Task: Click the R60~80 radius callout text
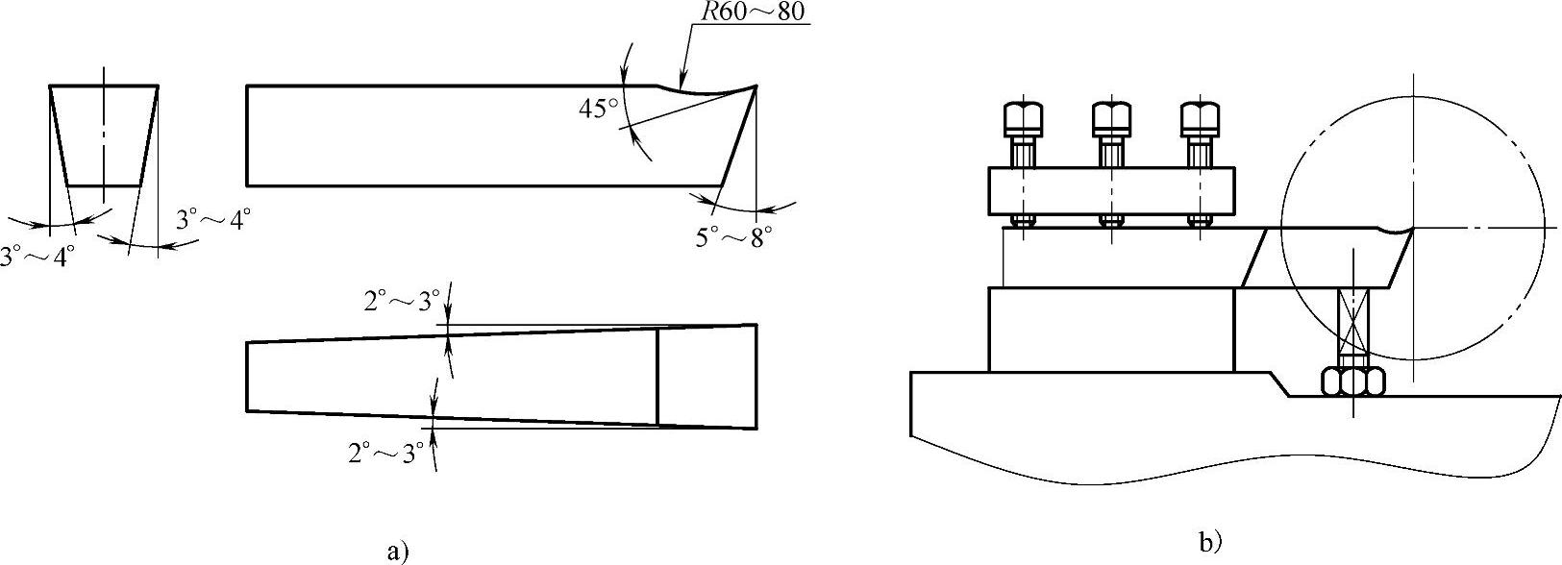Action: point(752,12)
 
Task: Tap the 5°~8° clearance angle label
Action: point(733,238)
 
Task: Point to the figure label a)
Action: point(397,553)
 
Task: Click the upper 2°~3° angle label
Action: point(402,302)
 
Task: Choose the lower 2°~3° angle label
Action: point(385,454)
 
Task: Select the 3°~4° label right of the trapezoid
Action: point(213,221)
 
